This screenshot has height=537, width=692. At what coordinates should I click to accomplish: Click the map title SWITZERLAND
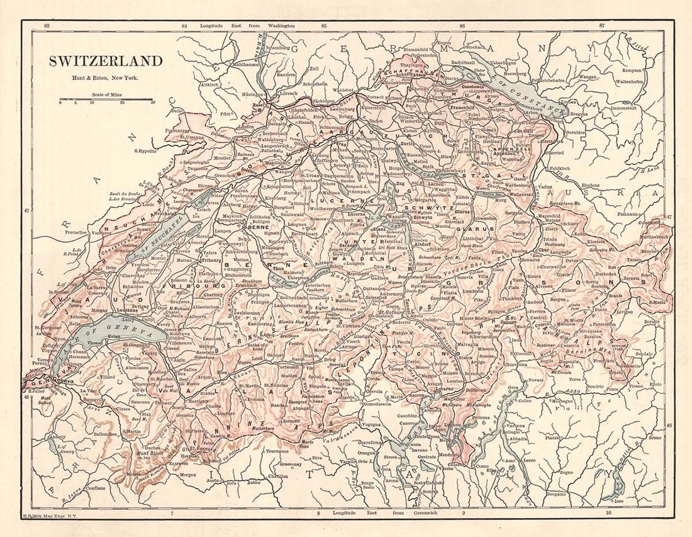[x=106, y=61]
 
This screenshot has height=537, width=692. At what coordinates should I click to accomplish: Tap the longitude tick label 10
[x=608, y=514]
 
